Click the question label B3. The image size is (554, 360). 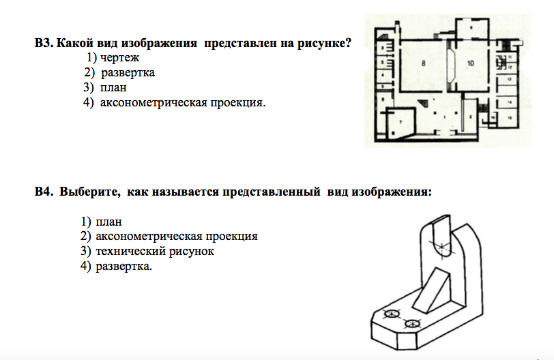click(44, 44)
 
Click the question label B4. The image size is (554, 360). click(44, 192)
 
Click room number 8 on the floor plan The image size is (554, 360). click(424, 63)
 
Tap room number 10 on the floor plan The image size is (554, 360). click(470, 63)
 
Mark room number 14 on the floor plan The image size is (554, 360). click(509, 101)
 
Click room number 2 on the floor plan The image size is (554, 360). click(471, 117)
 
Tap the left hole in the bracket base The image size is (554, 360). click(392, 314)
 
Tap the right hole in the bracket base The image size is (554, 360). click(411, 323)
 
